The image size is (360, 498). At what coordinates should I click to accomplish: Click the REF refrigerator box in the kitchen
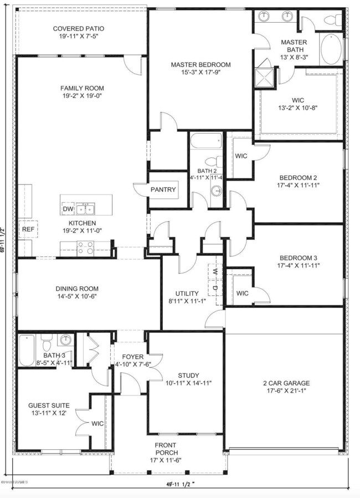27,228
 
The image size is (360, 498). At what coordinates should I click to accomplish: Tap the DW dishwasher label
68,209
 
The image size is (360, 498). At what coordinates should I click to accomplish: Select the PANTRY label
163,189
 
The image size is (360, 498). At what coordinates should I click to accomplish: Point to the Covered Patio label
78,29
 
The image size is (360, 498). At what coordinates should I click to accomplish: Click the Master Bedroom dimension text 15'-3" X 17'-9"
200,73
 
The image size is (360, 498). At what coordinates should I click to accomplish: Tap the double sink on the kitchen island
85,208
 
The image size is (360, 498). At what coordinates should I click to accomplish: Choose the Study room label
188,375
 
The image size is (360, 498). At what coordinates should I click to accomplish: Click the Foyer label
133,357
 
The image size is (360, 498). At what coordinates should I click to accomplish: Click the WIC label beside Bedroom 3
242,293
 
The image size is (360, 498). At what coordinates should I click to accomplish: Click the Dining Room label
77,289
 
